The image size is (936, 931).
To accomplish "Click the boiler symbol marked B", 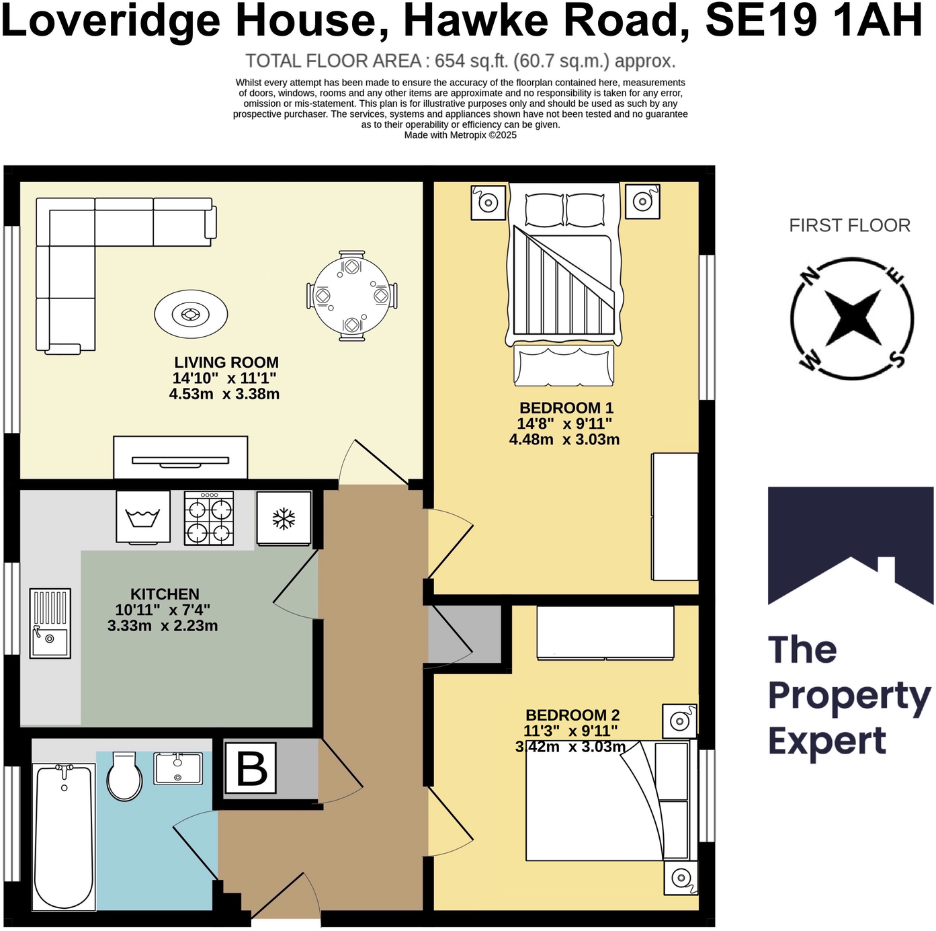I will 251,768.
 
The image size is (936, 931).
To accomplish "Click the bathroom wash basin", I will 178,768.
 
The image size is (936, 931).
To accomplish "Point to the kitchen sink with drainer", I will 50,623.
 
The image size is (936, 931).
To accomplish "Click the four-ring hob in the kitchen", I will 209,518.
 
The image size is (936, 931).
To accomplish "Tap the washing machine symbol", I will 143,517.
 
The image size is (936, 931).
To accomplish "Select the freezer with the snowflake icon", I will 284,518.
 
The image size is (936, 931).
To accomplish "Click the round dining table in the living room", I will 351,296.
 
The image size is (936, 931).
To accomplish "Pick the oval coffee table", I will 191,314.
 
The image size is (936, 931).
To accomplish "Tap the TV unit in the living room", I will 180,458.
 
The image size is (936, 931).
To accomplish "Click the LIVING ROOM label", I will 226,363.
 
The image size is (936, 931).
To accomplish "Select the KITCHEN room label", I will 165,594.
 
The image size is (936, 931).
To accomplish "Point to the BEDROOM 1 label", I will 566,408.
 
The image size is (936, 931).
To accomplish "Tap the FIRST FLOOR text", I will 849,226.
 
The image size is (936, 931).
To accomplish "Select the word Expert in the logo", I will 827,742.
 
